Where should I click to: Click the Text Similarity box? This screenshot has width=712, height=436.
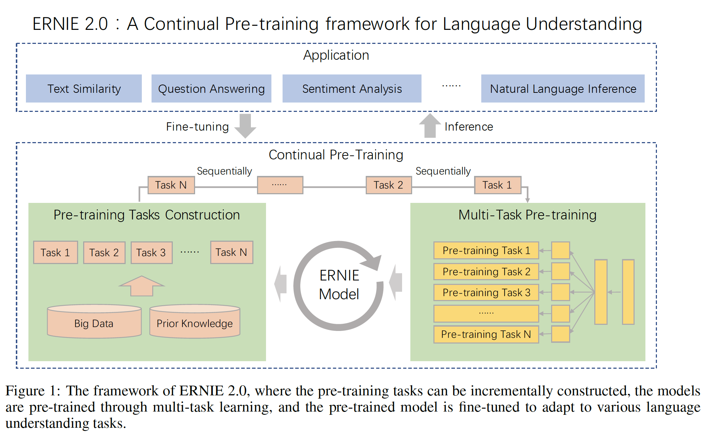click(x=84, y=88)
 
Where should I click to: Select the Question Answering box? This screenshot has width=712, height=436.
click(x=211, y=88)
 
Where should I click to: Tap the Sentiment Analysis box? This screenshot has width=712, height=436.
click(x=352, y=88)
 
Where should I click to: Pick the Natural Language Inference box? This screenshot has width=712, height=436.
click(x=563, y=88)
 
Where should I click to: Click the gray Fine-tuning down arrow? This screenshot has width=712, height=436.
click(x=245, y=126)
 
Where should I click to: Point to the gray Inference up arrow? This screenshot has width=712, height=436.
click(x=430, y=126)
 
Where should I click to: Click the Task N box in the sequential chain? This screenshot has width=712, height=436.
click(x=171, y=185)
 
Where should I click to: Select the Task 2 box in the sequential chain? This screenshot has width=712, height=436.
click(x=389, y=185)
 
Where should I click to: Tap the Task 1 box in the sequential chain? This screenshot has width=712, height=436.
click(x=497, y=185)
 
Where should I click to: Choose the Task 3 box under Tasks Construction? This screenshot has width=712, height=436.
click(x=152, y=253)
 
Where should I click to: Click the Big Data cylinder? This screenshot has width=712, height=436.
click(x=94, y=321)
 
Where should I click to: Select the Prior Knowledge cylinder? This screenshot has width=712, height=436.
click(x=195, y=321)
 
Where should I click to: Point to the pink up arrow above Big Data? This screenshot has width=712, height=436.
click(x=142, y=286)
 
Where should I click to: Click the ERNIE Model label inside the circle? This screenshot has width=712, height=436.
click(x=339, y=285)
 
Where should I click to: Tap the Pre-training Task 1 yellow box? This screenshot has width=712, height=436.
click(x=486, y=250)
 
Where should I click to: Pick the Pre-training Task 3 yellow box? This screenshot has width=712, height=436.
click(x=486, y=292)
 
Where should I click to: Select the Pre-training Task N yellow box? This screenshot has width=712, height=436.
click(x=486, y=334)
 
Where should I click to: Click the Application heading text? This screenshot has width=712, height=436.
click(x=336, y=55)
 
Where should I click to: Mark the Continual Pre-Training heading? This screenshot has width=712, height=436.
click(x=336, y=155)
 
